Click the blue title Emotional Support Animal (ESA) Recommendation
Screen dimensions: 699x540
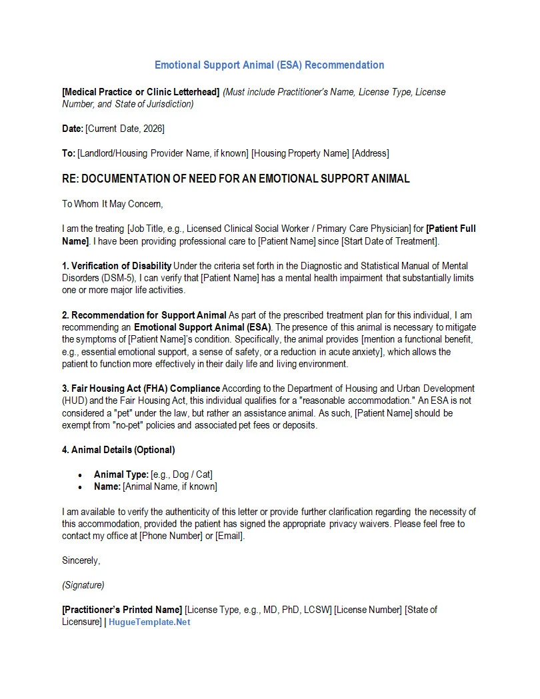coord(269,65)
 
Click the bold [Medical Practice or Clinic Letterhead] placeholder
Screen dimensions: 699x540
coord(141,92)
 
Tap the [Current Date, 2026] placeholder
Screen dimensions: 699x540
coord(125,129)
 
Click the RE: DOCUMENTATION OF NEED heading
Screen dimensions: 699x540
coord(235,179)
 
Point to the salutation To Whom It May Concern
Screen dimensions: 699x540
coord(112,204)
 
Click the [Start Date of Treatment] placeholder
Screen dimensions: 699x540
coord(391,241)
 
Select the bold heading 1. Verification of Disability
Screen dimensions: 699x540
coord(117,266)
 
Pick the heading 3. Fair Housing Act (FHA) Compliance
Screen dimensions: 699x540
coord(141,388)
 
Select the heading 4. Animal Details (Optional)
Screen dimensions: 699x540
coord(119,450)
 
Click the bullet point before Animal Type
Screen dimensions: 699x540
coord(80,475)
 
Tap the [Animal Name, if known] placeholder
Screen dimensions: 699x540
coord(170,486)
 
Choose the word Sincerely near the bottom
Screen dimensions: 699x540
coord(81,560)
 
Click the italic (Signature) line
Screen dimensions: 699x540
coord(83,585)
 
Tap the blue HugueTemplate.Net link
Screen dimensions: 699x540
coord(149,622)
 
